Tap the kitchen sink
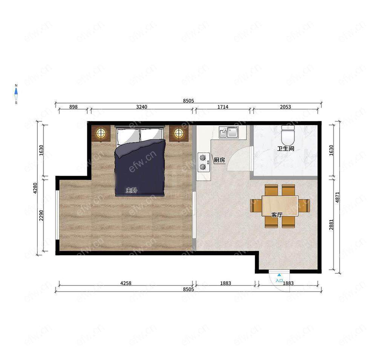229,132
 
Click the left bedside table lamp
101,133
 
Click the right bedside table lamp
179,133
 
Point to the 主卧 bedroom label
132,190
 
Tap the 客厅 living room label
277,215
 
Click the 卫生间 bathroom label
286,149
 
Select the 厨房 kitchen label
219,160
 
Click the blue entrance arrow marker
279,275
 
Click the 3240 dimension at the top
142,107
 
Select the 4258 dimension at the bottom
126,283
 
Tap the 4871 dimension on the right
337,197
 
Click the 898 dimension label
74,107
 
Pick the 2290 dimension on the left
41,216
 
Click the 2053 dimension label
285,107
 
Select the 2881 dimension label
331,224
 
